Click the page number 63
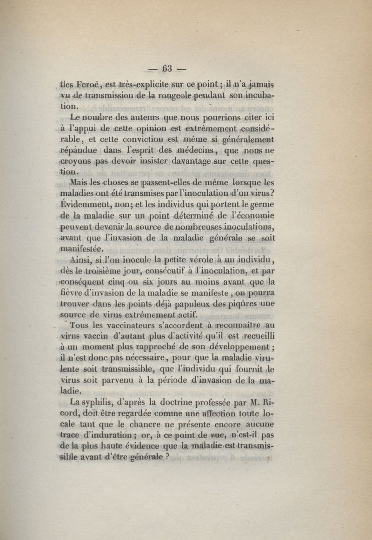tap(167, 68)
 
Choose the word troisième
tap(110, 270)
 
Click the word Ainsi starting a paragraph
tap(81, 259)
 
